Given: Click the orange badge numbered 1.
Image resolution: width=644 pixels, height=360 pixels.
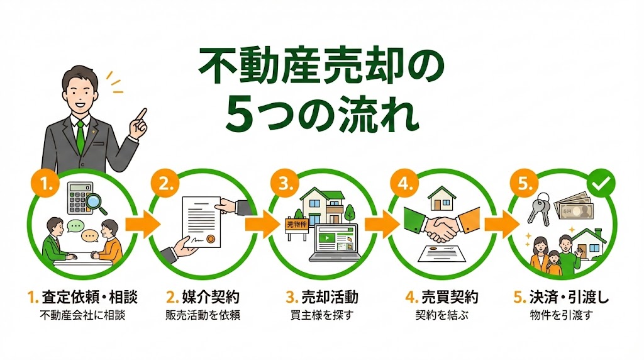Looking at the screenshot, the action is pos(45,183).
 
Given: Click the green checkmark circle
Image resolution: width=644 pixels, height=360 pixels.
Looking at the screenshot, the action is pos(601,183).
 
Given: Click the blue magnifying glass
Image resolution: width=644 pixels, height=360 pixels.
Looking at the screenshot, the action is pos(96,203).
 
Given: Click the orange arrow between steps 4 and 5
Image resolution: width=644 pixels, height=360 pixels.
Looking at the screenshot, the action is pos(502,225).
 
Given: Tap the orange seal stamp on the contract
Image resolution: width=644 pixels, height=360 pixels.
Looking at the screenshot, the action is pos(210,239).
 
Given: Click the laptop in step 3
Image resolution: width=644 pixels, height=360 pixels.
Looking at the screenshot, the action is pos(335,243).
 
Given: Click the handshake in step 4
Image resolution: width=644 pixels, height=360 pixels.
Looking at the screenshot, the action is pos(442,227).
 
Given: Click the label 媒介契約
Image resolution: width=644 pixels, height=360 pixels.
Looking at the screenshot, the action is pos(211,297).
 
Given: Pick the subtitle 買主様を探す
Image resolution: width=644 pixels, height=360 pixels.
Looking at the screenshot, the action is pos(322,315).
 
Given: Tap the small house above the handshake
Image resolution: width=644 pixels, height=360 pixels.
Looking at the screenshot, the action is pos(441,198).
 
